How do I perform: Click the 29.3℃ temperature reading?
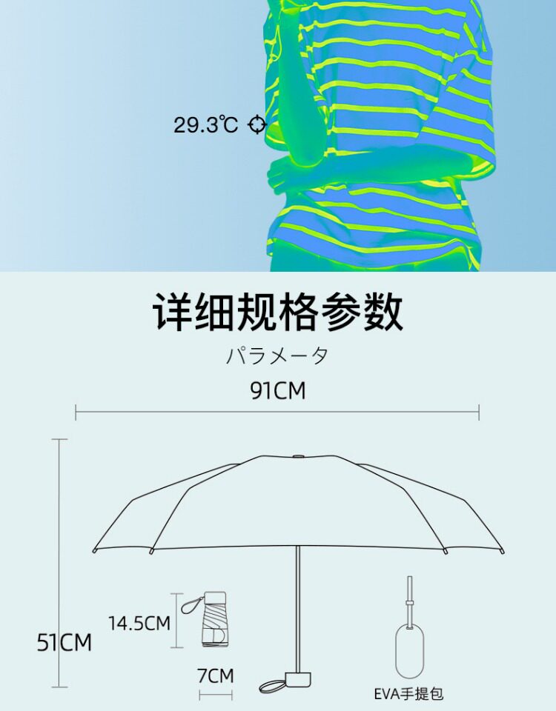[205, 124]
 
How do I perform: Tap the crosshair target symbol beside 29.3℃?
[257, 124]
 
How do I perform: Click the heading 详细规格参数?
[278, 312]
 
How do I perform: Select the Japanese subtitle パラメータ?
[277, 355]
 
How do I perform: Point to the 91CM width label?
[277, 390]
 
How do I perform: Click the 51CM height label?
[65, 642]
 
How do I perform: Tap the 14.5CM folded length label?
[139, 623]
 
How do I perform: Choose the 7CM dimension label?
[216, 675]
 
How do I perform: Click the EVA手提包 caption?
[408, 694]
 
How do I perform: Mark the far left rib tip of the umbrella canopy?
[94, 550]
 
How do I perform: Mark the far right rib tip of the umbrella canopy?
[503, 550]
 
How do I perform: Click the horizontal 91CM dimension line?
[277, 412]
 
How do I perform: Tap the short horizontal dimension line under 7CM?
[216, 695]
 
